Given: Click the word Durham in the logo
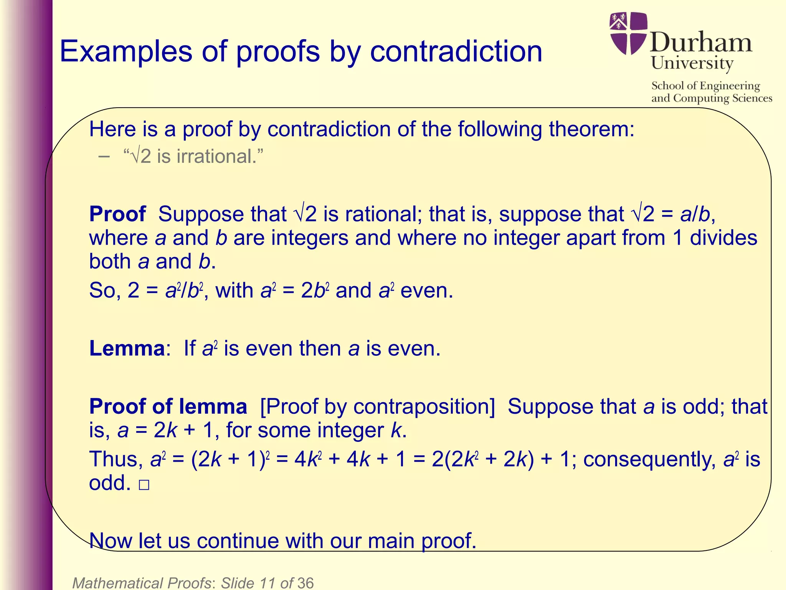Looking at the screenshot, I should coord(701,42).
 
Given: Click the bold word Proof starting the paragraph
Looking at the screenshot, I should coord(118,214).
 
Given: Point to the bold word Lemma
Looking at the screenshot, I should coord(127,348).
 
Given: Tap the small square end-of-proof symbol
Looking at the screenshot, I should coord(144,485).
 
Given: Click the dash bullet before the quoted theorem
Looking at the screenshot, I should coord(104,156).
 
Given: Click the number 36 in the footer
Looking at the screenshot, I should coord(305,583).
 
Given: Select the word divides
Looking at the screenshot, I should coord(723,238).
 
